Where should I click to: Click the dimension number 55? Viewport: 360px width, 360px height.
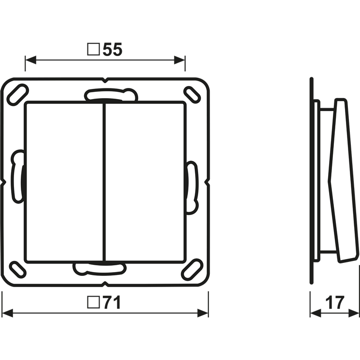113,50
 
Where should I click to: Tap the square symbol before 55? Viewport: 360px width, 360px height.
93,49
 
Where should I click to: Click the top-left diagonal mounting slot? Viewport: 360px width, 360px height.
18,95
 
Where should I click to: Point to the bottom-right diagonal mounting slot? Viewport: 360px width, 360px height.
192,269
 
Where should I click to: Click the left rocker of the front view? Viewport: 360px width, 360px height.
64,183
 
